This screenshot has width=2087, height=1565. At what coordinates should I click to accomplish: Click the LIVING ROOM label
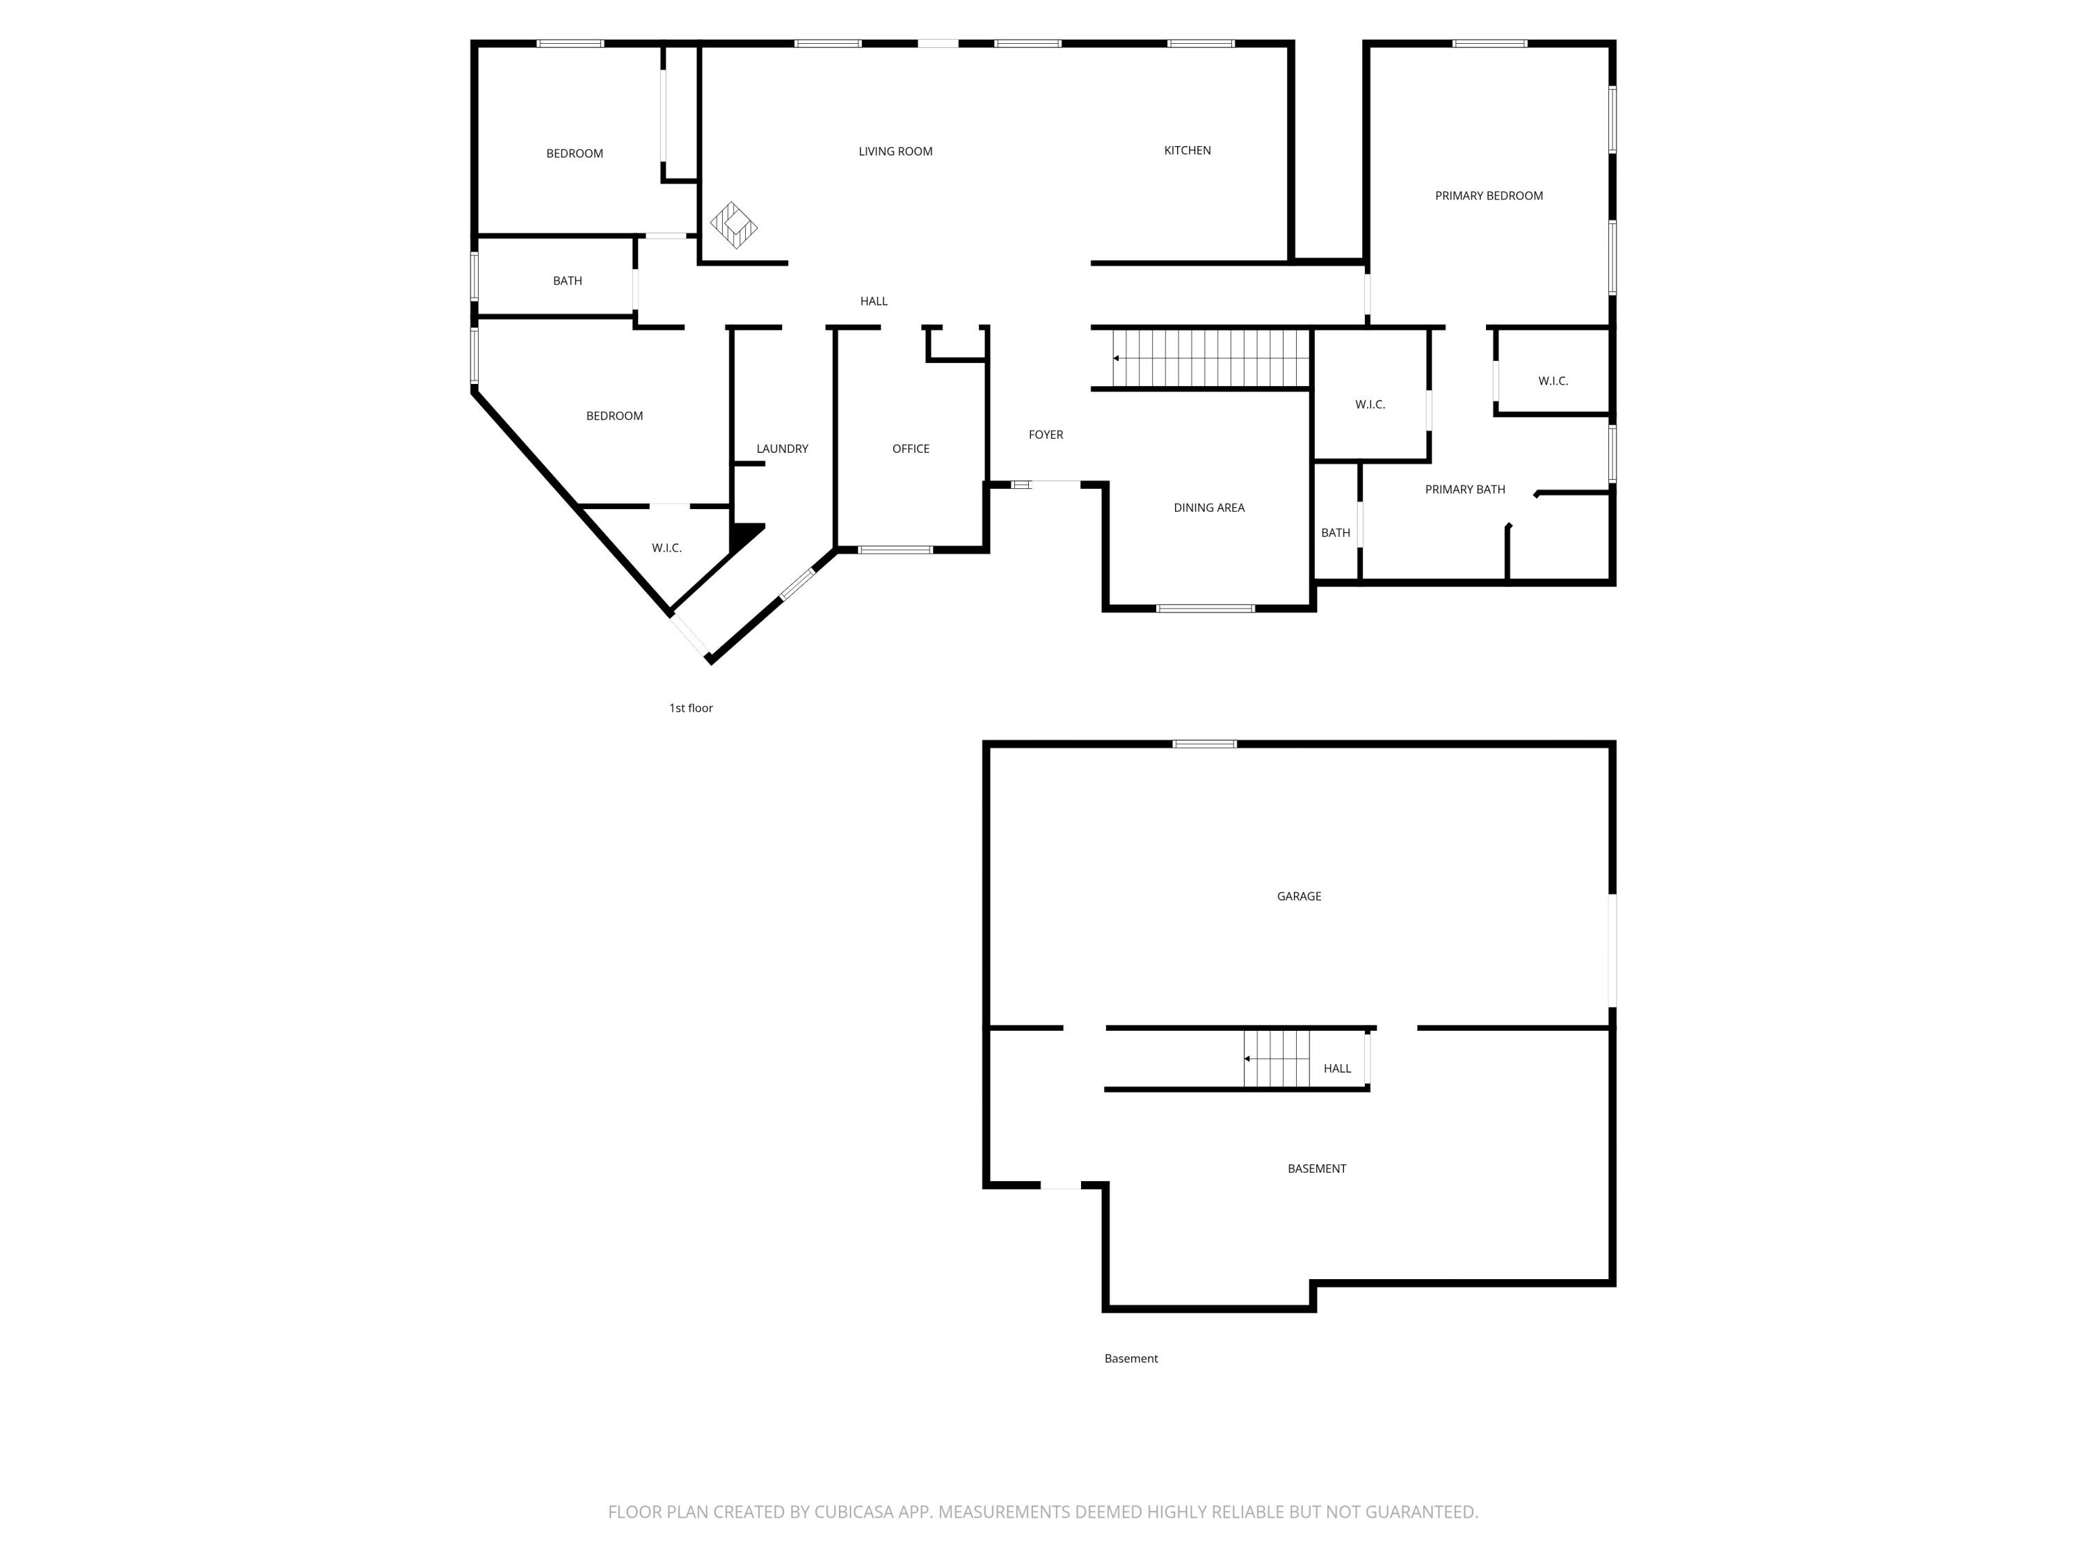click(x=895, y=151)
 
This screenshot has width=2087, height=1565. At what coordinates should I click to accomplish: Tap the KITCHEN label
click(x=1187, y=150)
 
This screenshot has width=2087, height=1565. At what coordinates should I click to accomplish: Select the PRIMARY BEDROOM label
click(x=1488, y=195)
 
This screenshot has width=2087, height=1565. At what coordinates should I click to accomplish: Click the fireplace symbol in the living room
click(x=733, y=225)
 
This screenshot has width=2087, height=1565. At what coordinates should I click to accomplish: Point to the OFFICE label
click(x=911, y=448)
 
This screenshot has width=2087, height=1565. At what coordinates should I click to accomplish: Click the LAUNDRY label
click(x=781, y=448)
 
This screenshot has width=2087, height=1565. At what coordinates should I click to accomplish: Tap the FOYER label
click(x=1046, y=434)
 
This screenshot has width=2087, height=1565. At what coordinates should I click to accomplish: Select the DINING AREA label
click(x=1208, y=508)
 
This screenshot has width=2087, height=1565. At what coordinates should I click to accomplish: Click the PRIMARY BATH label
click(x=1464, y=489)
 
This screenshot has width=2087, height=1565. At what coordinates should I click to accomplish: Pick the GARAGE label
click(x=1298, y=896)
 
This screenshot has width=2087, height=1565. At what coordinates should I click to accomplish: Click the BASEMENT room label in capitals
click(x=1316, y=1168)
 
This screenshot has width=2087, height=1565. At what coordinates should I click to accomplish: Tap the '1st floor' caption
click(x=691, y=707)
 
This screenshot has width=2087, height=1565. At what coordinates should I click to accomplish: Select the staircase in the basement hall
click(x=1276, y=1059)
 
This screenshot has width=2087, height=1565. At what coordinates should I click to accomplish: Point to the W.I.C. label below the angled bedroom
click(x=666, y=547)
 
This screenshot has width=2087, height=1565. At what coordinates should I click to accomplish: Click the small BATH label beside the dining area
click(x=1335, y=532)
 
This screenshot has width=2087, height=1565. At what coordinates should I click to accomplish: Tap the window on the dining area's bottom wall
click(x=1205, y=609)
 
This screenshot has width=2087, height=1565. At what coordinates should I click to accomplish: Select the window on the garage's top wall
click(x=1204, y=744)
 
